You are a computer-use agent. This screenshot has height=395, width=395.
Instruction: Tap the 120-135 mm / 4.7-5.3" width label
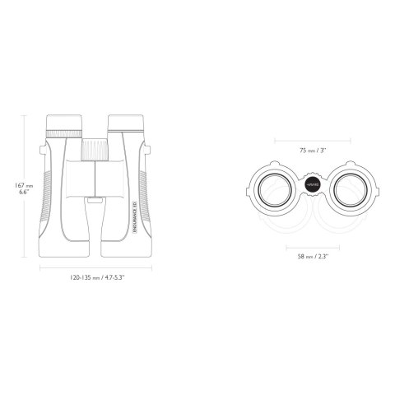(95, 278)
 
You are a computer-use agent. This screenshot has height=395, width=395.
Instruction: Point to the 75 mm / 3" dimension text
(314, 151)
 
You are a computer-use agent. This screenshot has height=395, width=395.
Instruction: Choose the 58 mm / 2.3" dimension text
(314, 257)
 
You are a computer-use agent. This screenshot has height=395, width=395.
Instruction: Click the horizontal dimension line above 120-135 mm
(95, 267)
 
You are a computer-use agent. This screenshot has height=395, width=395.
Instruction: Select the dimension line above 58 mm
(314, 247)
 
